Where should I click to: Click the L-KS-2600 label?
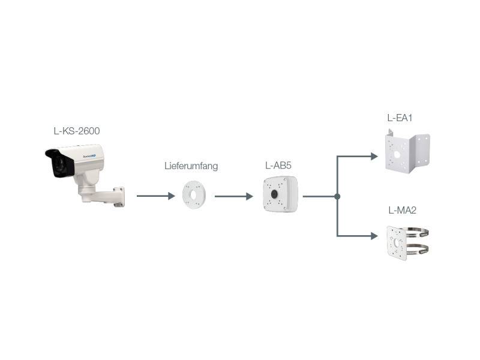tap(76, 130)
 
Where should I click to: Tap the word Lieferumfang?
tap(191, 166)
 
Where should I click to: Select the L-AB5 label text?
tap(278, 165)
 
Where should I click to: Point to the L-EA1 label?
tap(400, 118)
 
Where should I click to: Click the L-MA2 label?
tap(402, 210)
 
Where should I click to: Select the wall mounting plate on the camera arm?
tap(119, 197)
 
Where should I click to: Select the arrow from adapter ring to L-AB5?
tap(233, 196)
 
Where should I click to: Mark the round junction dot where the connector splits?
tap(338, 196)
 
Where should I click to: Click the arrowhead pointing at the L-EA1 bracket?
tap(374, 157)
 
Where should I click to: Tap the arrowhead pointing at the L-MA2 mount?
tap(374, 236)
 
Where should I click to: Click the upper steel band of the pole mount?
tap(419, 230)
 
